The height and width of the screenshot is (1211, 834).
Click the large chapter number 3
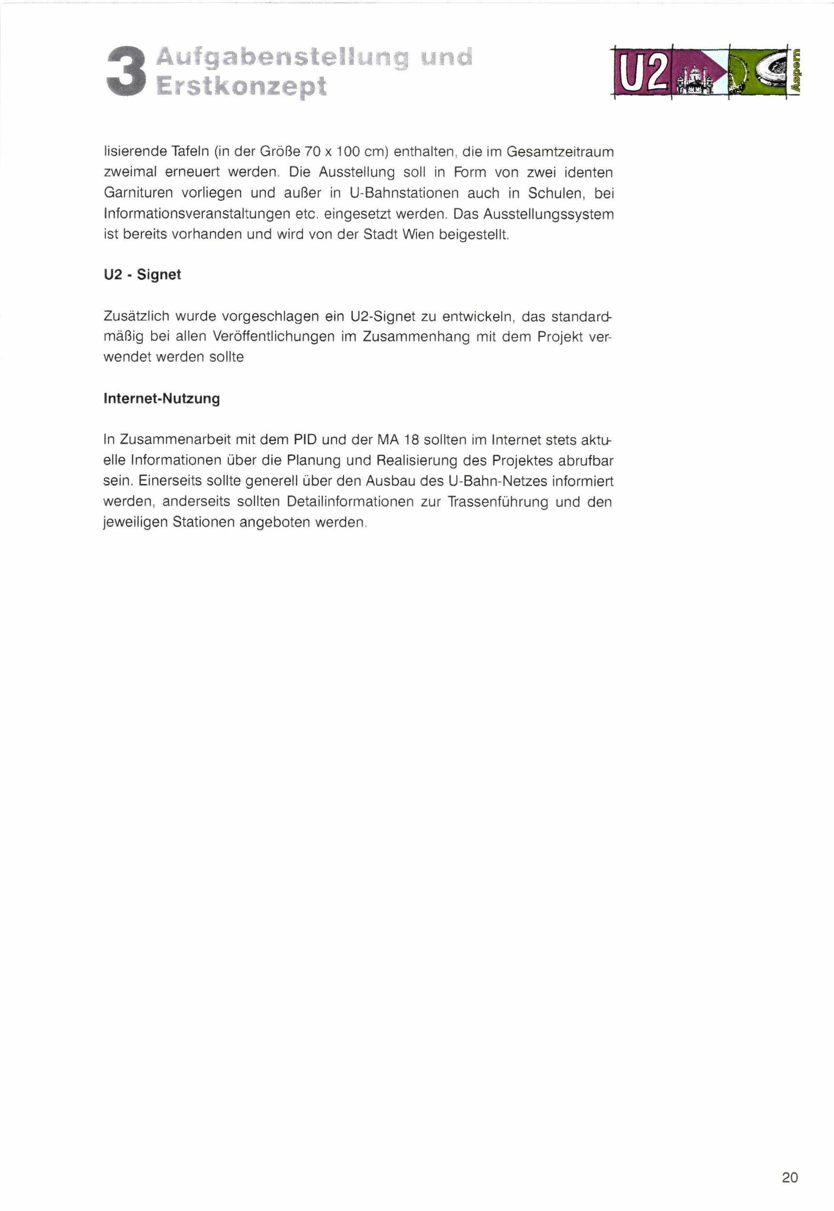coord(126,72)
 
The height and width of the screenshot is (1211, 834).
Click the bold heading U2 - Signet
coord(142,274)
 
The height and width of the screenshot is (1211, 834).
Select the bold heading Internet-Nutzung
coord(161,398)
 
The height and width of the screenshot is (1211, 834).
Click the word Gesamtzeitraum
coord(560,152)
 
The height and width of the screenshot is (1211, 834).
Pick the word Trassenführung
coord(497,502)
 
